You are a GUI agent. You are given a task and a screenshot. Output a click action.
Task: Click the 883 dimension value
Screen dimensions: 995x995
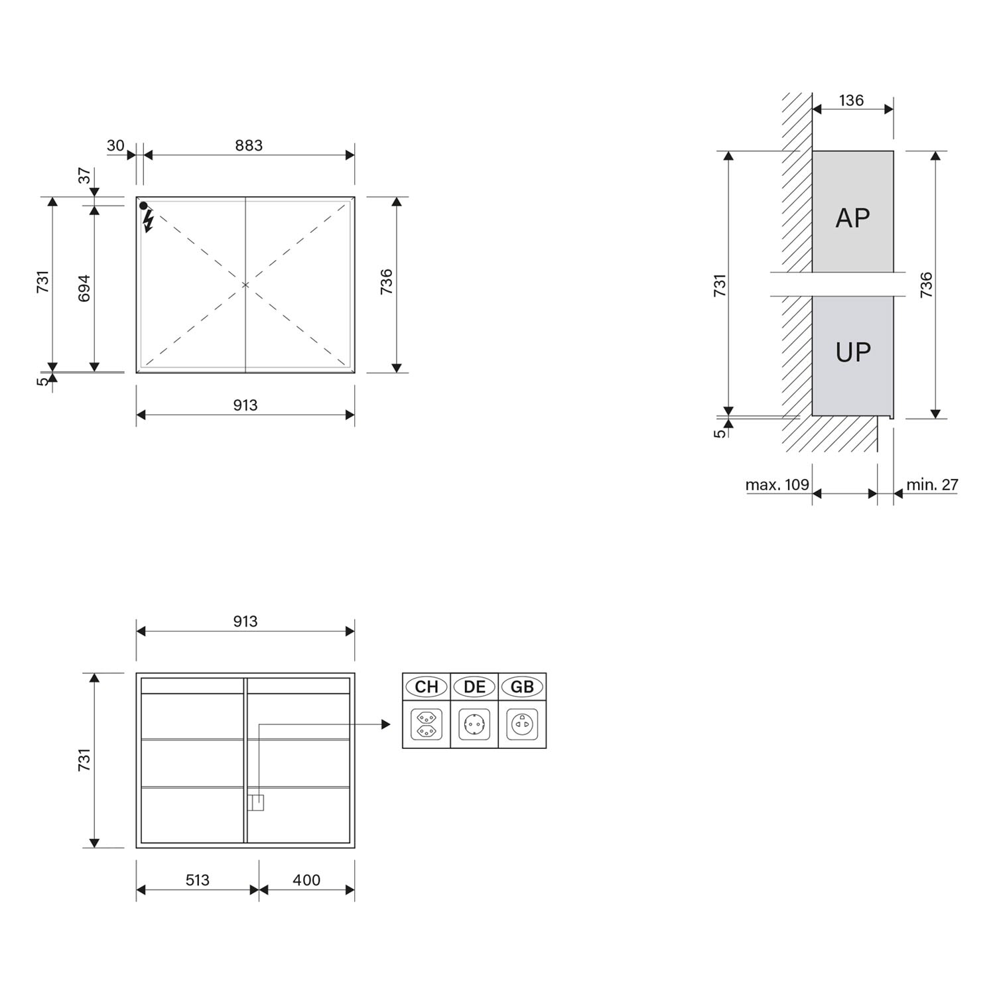click(249, 145)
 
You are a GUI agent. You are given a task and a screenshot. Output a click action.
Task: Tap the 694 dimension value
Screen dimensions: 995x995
click(84, 288)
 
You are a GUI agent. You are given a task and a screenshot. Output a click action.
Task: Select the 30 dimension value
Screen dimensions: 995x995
click(115, 145)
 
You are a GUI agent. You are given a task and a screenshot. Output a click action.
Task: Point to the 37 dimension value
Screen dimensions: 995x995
click(85, 176)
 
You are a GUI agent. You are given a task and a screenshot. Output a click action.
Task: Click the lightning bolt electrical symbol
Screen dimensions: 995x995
click(148, 221)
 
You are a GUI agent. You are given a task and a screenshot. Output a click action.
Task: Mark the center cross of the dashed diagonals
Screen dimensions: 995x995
click(245, 285)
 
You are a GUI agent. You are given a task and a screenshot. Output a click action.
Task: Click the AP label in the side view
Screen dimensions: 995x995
click(852, 218)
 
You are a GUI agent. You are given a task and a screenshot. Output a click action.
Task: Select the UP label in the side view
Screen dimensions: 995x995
click(852, 352)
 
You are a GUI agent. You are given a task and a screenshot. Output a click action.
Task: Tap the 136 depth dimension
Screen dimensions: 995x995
click(851, 100)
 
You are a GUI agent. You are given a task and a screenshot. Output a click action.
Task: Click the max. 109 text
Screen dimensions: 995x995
click(777, 485)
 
